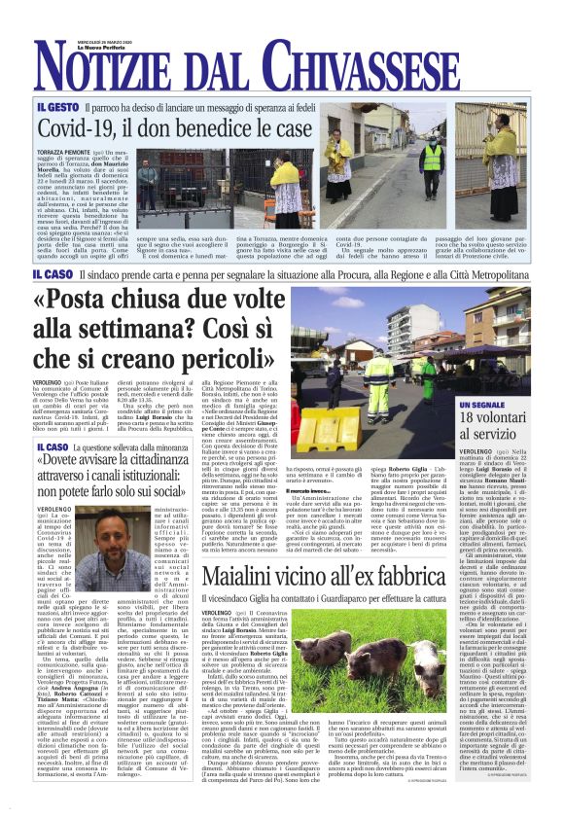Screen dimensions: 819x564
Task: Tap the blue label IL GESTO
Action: pyautogui.click(x=57, y=106)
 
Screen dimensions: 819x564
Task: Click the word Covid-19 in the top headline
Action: pyautogui.click(x=77, y=128)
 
